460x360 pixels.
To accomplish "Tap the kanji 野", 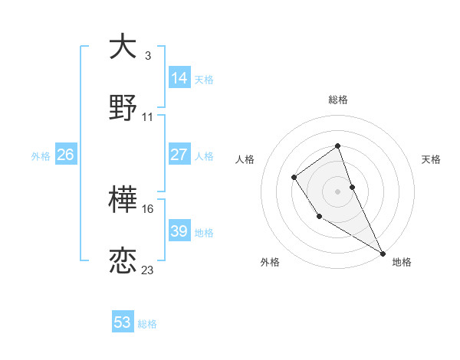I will click(123, 108).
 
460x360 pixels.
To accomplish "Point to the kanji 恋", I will click(123, 261).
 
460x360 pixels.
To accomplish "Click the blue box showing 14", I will click(179, 78).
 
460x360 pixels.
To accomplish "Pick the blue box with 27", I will click(179, 155).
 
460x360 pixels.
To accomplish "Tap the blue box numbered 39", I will click(179, 231).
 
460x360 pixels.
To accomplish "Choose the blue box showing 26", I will click(65, 155).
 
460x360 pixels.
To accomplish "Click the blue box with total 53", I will click(123, 322).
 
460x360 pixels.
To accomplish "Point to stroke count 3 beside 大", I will click(148, 56).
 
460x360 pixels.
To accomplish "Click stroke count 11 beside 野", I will click(148, 117).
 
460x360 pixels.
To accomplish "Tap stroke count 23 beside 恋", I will click(148, 270).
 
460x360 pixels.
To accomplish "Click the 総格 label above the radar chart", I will click(337, 100).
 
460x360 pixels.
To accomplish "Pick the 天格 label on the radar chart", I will click(431, 159).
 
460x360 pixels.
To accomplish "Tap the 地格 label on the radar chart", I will click(402, 262).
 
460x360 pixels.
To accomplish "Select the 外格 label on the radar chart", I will click(270, 262).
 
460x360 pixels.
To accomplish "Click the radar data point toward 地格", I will click(383, 253).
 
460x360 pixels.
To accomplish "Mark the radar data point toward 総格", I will click(337, 146).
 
